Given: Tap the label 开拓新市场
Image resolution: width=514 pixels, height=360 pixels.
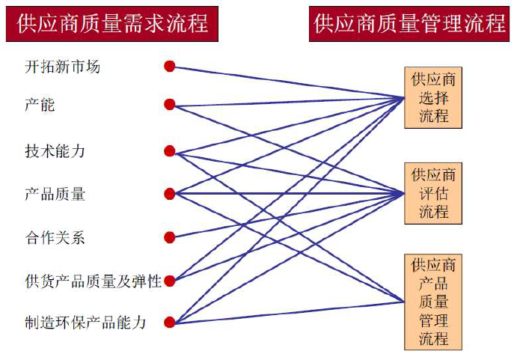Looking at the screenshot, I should [62, 67].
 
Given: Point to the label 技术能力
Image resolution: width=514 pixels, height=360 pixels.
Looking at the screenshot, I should [55, 151].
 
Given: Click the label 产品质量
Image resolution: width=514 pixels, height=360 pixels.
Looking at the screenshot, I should [55, 195].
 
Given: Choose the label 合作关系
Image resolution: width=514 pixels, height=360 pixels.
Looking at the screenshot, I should [55, 238].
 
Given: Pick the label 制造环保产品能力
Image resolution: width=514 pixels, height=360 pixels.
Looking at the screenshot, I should [85, 323].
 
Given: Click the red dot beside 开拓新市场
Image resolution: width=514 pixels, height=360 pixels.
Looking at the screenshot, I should [170, 67].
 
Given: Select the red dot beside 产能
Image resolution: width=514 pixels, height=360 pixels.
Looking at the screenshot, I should [170, 104].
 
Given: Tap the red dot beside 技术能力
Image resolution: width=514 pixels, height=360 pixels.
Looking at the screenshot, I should [170, 151].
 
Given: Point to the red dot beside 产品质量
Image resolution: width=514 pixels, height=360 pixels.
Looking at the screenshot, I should [170, 195].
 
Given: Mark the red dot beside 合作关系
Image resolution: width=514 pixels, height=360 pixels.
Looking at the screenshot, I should [170, 238].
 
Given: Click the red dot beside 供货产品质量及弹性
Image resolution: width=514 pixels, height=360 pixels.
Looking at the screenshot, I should [169, 281].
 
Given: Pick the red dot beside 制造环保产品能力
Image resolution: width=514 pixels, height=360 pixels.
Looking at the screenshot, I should [170, 323].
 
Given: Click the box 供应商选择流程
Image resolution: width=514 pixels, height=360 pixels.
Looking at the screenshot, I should [433, 97].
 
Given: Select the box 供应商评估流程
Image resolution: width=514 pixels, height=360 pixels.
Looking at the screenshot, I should [433, 193].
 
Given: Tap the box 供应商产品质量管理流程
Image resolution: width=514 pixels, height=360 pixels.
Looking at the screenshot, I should [433, 301].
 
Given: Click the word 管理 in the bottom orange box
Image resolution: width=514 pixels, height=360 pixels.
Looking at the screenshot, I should [433, 320].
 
